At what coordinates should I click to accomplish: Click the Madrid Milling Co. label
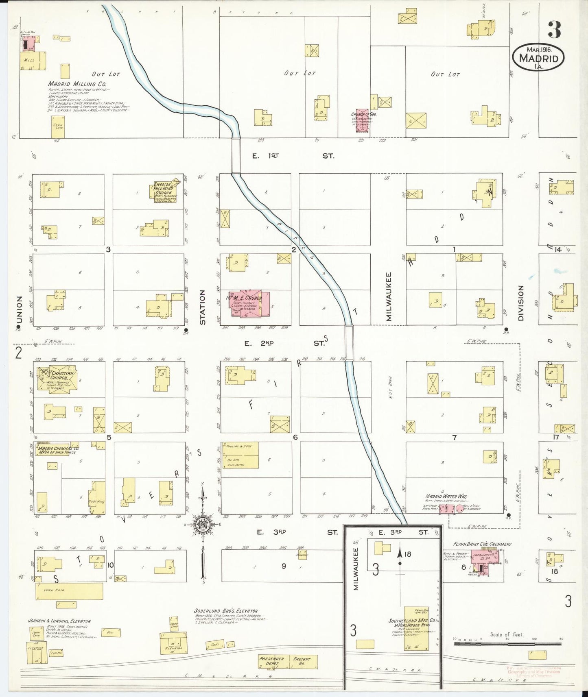point(77,84)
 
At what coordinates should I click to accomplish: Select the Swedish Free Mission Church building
point(165,192)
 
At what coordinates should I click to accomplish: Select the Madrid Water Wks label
point(446,496)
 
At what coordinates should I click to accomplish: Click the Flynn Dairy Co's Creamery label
point(482,544)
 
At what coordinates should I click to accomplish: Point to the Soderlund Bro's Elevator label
point(225,611)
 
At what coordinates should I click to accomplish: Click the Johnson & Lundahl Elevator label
point(59,621)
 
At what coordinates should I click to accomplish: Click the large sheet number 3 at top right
point(554,29)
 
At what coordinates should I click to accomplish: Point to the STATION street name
point(203,307)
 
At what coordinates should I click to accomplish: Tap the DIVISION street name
point(520,303)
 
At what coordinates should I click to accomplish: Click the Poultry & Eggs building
point(240,455)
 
